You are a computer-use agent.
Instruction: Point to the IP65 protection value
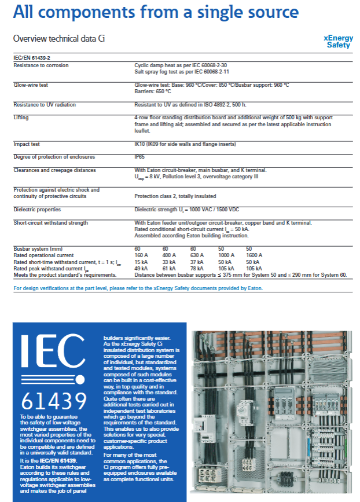[140, 157]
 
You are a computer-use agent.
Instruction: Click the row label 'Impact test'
[28, 144]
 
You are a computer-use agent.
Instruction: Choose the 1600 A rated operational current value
[254, 255]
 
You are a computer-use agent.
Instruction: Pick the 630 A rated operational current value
[198, 255]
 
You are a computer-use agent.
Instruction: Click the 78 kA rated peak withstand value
[197, 268]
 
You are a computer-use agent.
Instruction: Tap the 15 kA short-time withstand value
[141, 262]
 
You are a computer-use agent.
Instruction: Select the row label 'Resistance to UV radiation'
[45, 105]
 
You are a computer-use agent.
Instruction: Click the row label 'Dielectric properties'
[37, 210]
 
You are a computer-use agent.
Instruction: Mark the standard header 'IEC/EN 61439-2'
[31, 58]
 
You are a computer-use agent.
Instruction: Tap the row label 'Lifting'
[21, 118]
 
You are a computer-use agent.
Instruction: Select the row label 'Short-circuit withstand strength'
[51, 223]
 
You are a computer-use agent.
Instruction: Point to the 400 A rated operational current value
[169, 255]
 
